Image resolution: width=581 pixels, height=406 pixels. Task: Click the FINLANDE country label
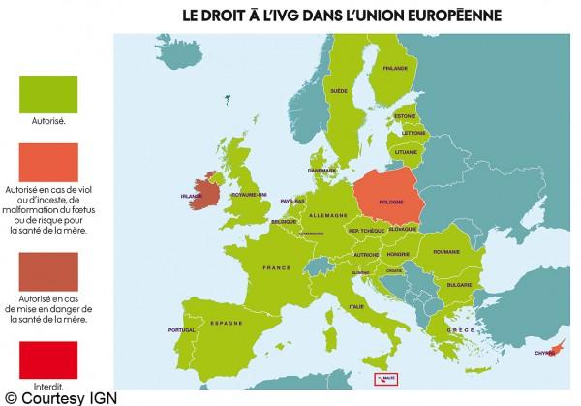tap(395, 69)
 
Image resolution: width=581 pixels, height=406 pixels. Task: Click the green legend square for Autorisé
tap(48, 93)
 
